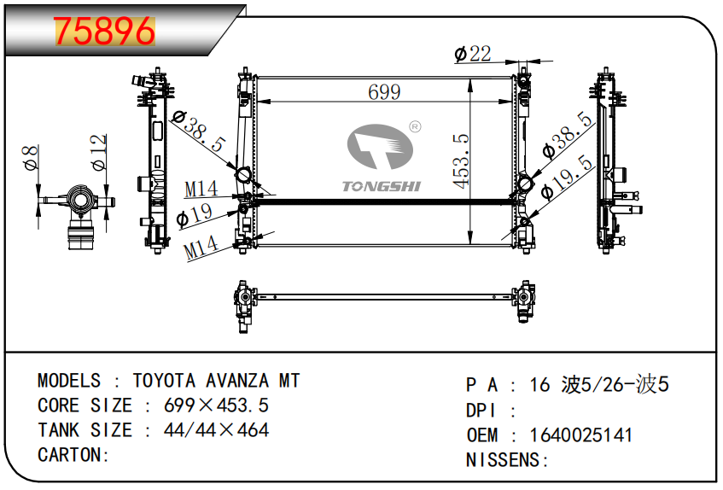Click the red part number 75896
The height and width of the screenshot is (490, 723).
tap(105, 31)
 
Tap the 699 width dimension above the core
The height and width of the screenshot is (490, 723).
tap(384, 92)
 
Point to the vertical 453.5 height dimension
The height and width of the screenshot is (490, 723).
tap(461, 160)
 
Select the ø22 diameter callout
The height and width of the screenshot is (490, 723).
tap(473, 54)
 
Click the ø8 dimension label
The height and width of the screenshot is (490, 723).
tap(31, 157)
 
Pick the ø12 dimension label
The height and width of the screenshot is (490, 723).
tap(99, 153)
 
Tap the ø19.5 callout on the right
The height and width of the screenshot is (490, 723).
tap(567, 177)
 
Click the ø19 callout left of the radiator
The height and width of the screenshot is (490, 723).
tap(195, 215)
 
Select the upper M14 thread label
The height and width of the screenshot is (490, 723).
tap(201, 189)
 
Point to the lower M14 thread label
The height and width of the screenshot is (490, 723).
tap(201, 248)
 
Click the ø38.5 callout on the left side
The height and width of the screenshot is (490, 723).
tap(198, 131)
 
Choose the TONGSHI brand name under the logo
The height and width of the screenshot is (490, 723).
tap(382, 186)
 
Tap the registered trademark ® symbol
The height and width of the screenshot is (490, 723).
tap(415, 126)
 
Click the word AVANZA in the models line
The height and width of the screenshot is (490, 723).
tap(237, 382)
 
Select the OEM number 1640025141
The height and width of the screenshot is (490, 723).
tap(580, 435)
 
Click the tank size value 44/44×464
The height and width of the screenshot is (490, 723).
tap(216, 430)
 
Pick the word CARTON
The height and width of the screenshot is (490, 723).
tap(70, 455)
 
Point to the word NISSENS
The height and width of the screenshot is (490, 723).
tap(503, 460)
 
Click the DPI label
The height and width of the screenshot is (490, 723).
tap(481, 411)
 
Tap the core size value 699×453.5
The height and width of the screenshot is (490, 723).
tap(216, 405)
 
